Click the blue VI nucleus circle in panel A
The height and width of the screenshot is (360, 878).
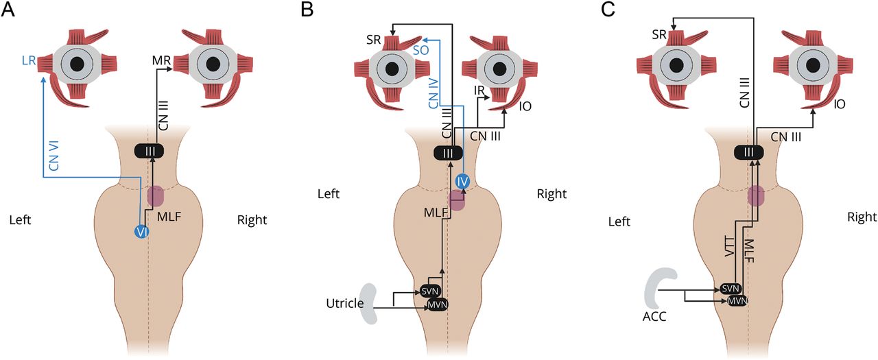pos(142,232)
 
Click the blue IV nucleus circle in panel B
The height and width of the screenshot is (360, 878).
pos(462,182)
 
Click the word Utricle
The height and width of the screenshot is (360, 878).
pos(344,302)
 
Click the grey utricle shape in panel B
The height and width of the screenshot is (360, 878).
pos(373,304)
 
